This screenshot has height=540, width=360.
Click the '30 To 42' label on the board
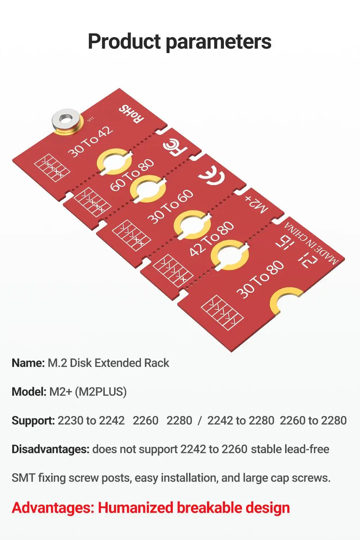pyautogui.click(x=90, y=141)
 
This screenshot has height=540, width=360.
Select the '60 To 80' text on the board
pyautogui.click(x=132, y=175)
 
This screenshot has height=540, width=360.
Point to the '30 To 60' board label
pyautogui.click(x=171, y=207)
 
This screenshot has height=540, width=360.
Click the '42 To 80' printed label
pyautogui.click(x=211, y=239)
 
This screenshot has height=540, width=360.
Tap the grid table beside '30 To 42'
pyautogui.click(x=52, y=167)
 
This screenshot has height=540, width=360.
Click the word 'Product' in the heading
pyautogui.click(x=124, y=41)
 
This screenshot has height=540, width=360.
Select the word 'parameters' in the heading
pyautogui.click(x=219, y=42)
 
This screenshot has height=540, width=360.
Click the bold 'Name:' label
pyautogui.click(x=28, y=363)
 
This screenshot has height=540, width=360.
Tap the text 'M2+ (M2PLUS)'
pyautogui.click(x=88, y=392)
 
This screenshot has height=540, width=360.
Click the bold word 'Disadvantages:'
pyautogui.click(x=50, y=449)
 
